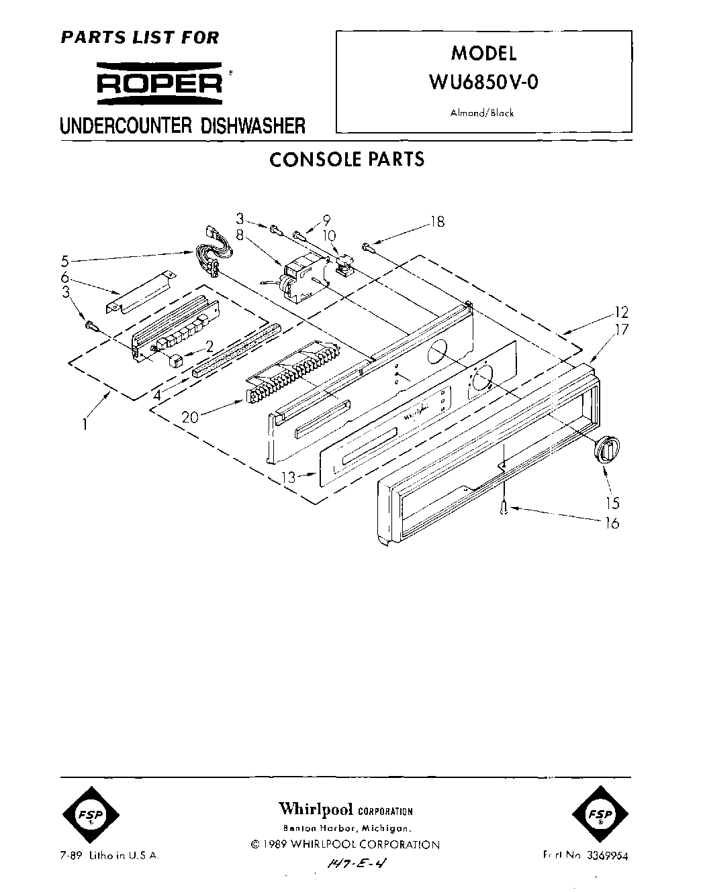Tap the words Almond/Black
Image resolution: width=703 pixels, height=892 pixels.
tap(481, 113)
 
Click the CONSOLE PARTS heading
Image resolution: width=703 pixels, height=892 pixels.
tap(346, 160)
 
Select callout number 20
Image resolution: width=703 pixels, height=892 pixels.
tap(190, 417)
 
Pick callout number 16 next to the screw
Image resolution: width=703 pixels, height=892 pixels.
tap(612, 523)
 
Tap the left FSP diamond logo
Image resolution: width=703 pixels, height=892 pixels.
tap(93, 816)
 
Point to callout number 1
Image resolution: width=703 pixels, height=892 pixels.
tap(85, 425)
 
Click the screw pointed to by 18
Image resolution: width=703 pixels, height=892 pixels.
tap(367, 247)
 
